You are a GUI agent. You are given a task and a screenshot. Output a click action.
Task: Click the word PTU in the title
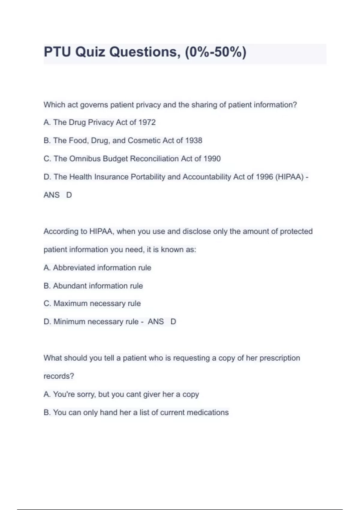[57, 52]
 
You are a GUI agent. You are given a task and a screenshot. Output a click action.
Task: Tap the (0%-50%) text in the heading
[215, 52]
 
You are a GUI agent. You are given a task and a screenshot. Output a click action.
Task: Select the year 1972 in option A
[147, 122]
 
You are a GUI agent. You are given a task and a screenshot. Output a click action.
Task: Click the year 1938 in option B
[193, 140]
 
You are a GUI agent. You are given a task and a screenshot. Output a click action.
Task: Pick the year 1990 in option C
[212, 159]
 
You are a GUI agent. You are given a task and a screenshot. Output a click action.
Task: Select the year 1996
[264, 177]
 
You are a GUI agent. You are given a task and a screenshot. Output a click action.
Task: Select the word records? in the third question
[59, 376]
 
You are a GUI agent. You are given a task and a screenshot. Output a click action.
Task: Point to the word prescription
[280, 358]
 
